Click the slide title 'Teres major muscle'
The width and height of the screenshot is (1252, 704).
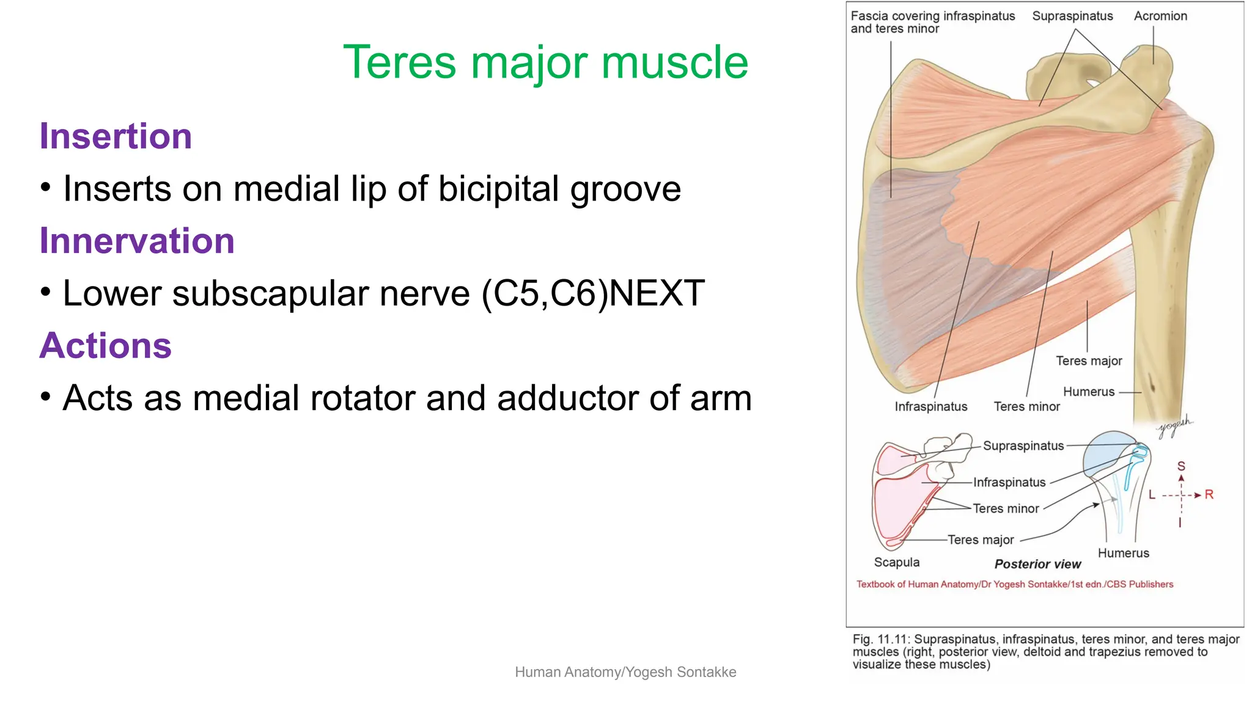point(545,62)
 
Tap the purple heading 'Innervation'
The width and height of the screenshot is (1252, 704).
point(137,241)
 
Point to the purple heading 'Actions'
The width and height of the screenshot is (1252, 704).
point(105,345)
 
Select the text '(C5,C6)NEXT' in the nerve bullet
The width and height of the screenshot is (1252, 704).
point(593,293)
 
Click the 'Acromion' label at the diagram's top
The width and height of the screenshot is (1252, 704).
point(1160,16)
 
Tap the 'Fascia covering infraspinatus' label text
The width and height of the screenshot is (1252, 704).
point(932,16)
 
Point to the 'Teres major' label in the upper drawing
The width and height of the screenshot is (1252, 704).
point(1088,361)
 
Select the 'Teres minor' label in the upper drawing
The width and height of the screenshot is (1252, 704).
point(1026,407)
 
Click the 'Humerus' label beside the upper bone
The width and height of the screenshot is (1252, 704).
point(1088,392)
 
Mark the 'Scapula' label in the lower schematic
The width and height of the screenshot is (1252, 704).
point(896,562)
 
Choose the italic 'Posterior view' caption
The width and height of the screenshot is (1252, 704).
point(1037,564)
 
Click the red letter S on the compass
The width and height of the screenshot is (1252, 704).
point(1181,466)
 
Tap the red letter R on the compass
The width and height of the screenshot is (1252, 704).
point(1209,494)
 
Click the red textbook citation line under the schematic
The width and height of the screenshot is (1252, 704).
point(1014,584)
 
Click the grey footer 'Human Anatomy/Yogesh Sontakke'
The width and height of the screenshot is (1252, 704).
point(625,672)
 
